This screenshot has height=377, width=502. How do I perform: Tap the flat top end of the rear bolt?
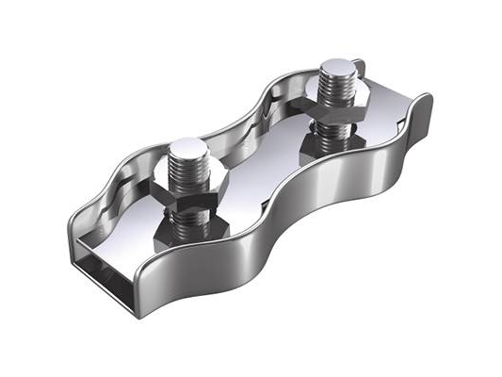pos(337,68)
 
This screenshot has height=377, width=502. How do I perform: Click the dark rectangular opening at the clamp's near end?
pos(104,268)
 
